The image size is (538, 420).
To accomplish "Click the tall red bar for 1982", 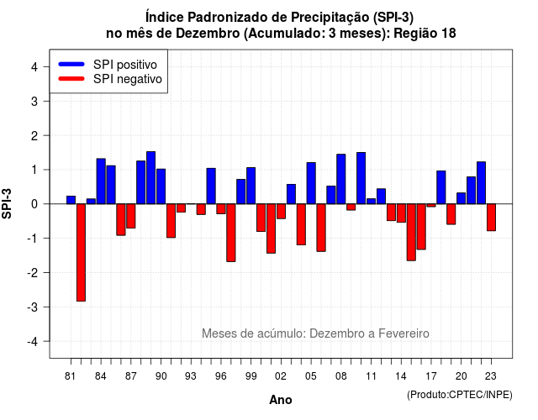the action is pos(81,252).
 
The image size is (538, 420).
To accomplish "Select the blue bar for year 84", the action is pos(101,181).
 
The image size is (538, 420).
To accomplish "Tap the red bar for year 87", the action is pos(131,216).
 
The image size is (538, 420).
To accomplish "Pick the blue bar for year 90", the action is pos(161,186).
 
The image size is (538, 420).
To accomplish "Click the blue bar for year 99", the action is pos(251,186).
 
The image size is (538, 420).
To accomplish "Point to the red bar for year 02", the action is pos(281,211).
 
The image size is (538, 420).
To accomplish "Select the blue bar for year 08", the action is pos(341,179).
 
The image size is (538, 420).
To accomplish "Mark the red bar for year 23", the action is pos(491,217).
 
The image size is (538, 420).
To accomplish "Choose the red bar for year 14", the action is pos(401,213).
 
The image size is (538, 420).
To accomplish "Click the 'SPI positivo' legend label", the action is pos(125,65).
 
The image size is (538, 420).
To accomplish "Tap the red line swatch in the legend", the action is pos(71,79).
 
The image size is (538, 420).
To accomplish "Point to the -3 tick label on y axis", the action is pos(34,307).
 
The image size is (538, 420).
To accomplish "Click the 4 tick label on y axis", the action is pos(34,66).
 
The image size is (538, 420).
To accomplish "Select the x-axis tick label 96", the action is pos(221,376).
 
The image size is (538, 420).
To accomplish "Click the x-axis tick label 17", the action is pos(431,376).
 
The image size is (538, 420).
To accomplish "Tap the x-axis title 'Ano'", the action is pos(281,400).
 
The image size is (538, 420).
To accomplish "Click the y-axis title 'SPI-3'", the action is pos(7,203).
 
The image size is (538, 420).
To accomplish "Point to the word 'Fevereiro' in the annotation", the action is pos(403,333).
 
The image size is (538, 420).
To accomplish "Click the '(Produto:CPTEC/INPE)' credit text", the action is pos(460,395).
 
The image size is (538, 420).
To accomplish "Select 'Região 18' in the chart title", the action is pos(425,34).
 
